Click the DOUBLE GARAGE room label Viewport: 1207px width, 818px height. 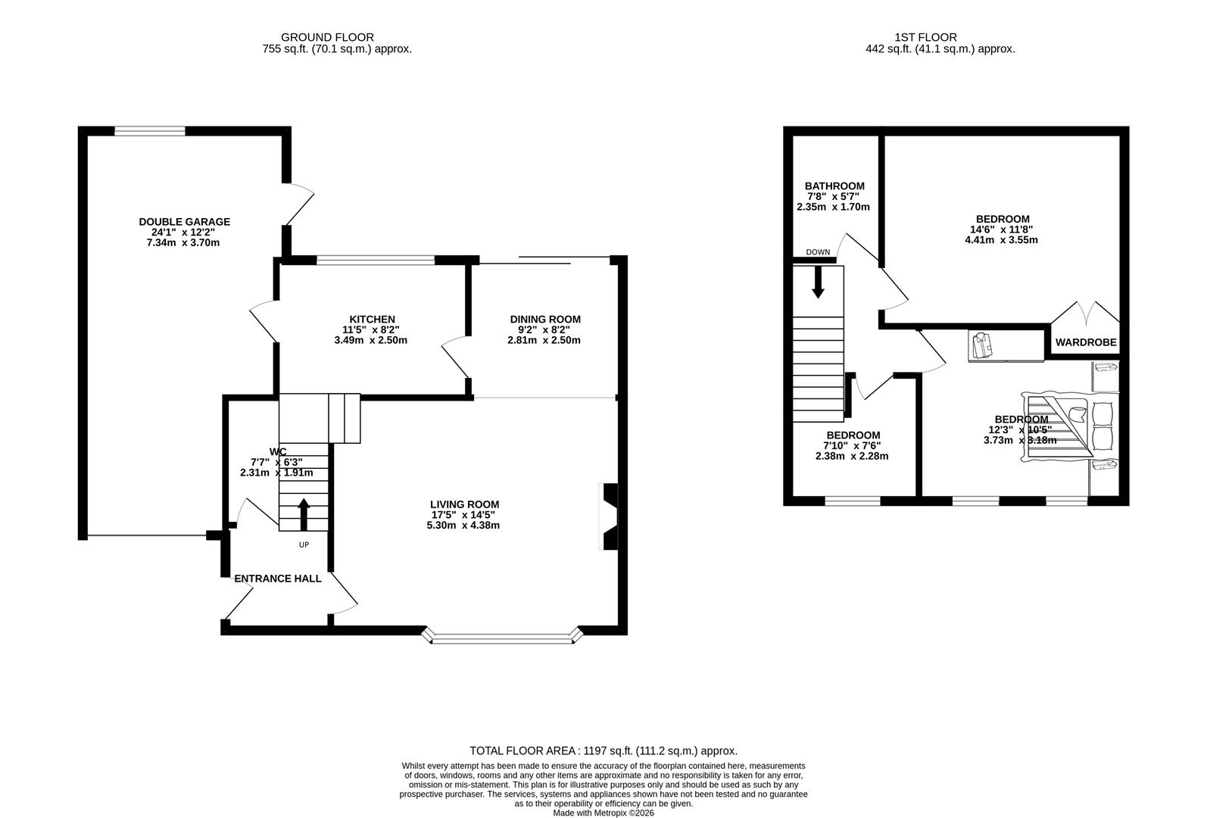184,222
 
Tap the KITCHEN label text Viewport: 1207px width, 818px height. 372,319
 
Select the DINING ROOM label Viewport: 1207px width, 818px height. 544,319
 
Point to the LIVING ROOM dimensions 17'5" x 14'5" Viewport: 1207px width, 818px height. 464,515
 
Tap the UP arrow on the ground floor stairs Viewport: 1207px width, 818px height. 304,514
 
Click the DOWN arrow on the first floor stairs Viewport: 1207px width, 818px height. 818,282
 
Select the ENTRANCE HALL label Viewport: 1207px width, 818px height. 278,579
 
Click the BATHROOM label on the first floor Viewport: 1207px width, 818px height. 834,186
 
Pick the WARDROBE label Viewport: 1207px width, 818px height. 1086,342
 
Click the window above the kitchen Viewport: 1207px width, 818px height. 376,261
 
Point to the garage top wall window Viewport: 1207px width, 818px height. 150,131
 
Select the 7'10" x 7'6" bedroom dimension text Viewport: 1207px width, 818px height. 853,446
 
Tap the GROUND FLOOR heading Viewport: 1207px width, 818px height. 327,37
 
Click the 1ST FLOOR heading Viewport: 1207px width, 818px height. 925,37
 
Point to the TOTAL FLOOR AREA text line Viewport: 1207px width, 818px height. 603,751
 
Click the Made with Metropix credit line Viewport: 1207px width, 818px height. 603,813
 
